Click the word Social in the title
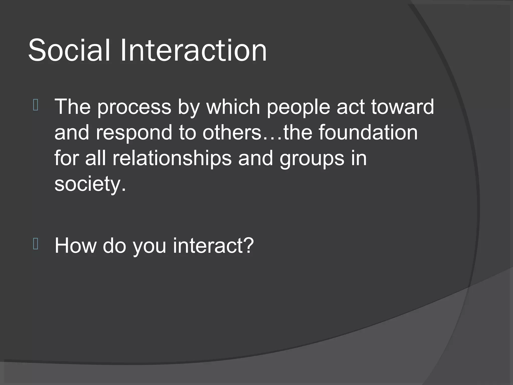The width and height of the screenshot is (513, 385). (x=69, y=50)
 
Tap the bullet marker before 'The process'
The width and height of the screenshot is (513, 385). (x=35, y=105)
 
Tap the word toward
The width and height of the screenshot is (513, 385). (x=402, y=107)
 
